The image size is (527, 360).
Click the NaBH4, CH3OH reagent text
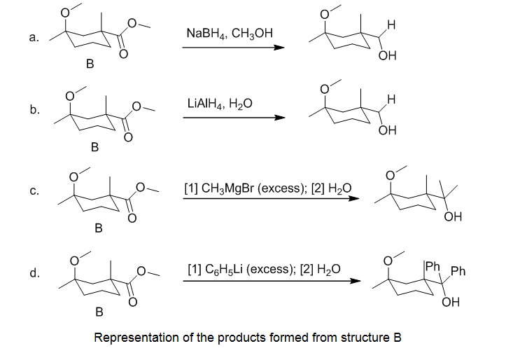(230, 34)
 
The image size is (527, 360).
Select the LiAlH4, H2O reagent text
(220, 104)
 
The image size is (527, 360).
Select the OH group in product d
(451, 303)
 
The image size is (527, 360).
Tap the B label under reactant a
(89, 64)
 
